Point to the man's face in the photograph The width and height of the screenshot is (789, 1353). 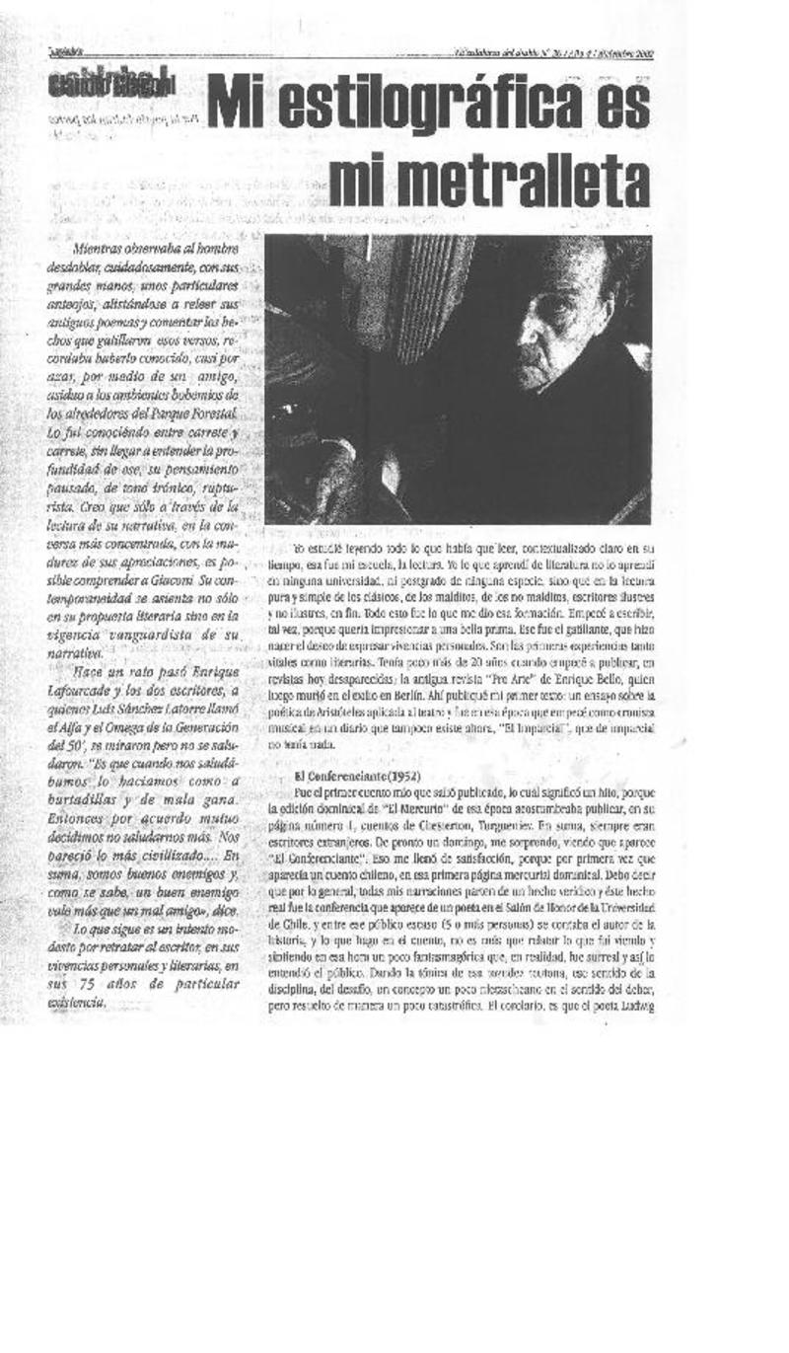click(x=551, y=335)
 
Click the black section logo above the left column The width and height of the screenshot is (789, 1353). click(x=110, y=85)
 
